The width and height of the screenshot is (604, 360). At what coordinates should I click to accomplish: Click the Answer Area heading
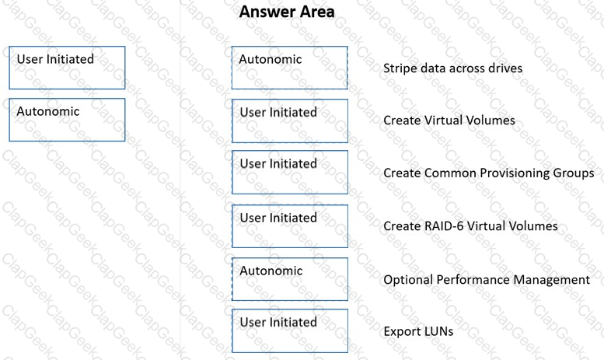287,12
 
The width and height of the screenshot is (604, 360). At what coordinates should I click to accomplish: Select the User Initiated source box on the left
67,68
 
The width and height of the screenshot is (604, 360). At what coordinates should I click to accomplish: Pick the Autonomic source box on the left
67,120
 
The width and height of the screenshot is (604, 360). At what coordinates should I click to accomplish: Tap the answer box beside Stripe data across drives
290,68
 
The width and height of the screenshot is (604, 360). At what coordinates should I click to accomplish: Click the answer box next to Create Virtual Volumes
290,121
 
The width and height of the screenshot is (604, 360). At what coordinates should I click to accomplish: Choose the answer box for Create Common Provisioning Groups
290,173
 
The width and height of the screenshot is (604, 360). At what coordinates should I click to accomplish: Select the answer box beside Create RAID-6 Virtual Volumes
290,226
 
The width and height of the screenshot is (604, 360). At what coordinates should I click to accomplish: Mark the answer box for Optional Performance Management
290,279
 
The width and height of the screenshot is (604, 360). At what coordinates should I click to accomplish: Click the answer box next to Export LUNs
290,330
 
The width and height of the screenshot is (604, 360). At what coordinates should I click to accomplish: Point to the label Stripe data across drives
452,68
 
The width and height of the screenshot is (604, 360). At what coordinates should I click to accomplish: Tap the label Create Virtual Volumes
449,121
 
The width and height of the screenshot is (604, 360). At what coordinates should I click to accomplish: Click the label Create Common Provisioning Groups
489,173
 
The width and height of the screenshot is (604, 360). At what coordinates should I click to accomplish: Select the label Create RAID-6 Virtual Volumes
470,225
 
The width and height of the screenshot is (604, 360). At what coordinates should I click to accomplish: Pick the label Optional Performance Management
487,280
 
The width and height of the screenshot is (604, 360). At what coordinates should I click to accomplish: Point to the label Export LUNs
418,331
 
